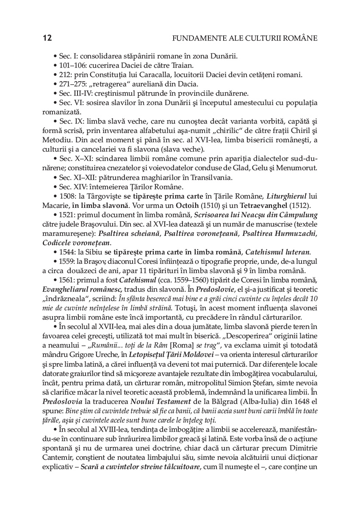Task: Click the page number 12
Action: (47, 39)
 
